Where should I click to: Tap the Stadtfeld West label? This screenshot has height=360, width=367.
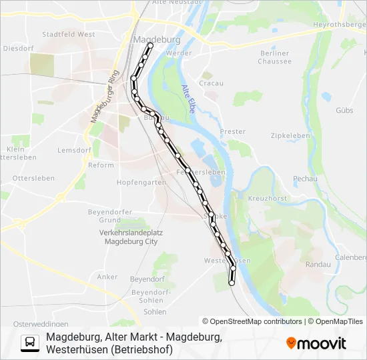pyautogui.click(x=68, y=34)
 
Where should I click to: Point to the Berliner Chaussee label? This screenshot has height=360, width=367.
pyautogui.click(x=276, y=57)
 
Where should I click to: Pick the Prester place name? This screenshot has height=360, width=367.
pyautogui.click(x=233, y=132)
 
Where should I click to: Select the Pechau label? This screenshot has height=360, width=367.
pyautogui.click(x=304, y=179)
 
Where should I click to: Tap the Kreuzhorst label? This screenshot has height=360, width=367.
pyautogui.click(x=267, y=199)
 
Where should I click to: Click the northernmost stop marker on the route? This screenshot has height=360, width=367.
pyautogui.click(x=150, y=45)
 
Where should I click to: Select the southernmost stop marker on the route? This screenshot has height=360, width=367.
pyautogui.click(x=232, y=283)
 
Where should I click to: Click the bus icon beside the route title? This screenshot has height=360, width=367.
pyautogui.click(x=30, y=343)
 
